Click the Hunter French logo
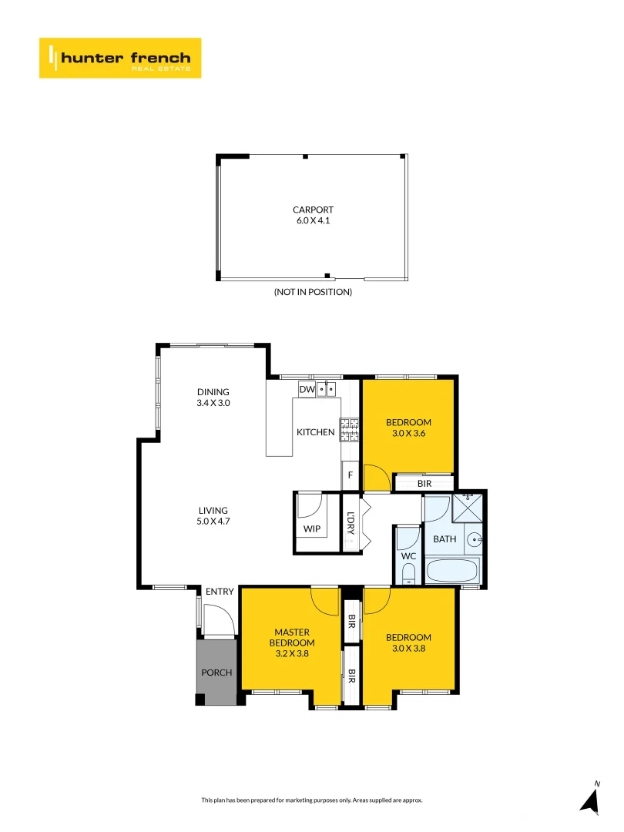pos(119,58)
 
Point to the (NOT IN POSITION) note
pos(313,292)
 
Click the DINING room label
pos(213,392)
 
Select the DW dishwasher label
pos(307,390)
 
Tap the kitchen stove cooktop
pos(351,429)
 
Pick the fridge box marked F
pos(351,475)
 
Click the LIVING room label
pos(213,510)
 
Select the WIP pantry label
pos(312,529)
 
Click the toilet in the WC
pos(409,572)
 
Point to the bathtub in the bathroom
pos(452,571)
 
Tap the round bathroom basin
pos(475,539)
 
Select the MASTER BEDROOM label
pos(291,637)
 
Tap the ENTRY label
pos(220,592)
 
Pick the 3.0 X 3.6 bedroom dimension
pos(408,433)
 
